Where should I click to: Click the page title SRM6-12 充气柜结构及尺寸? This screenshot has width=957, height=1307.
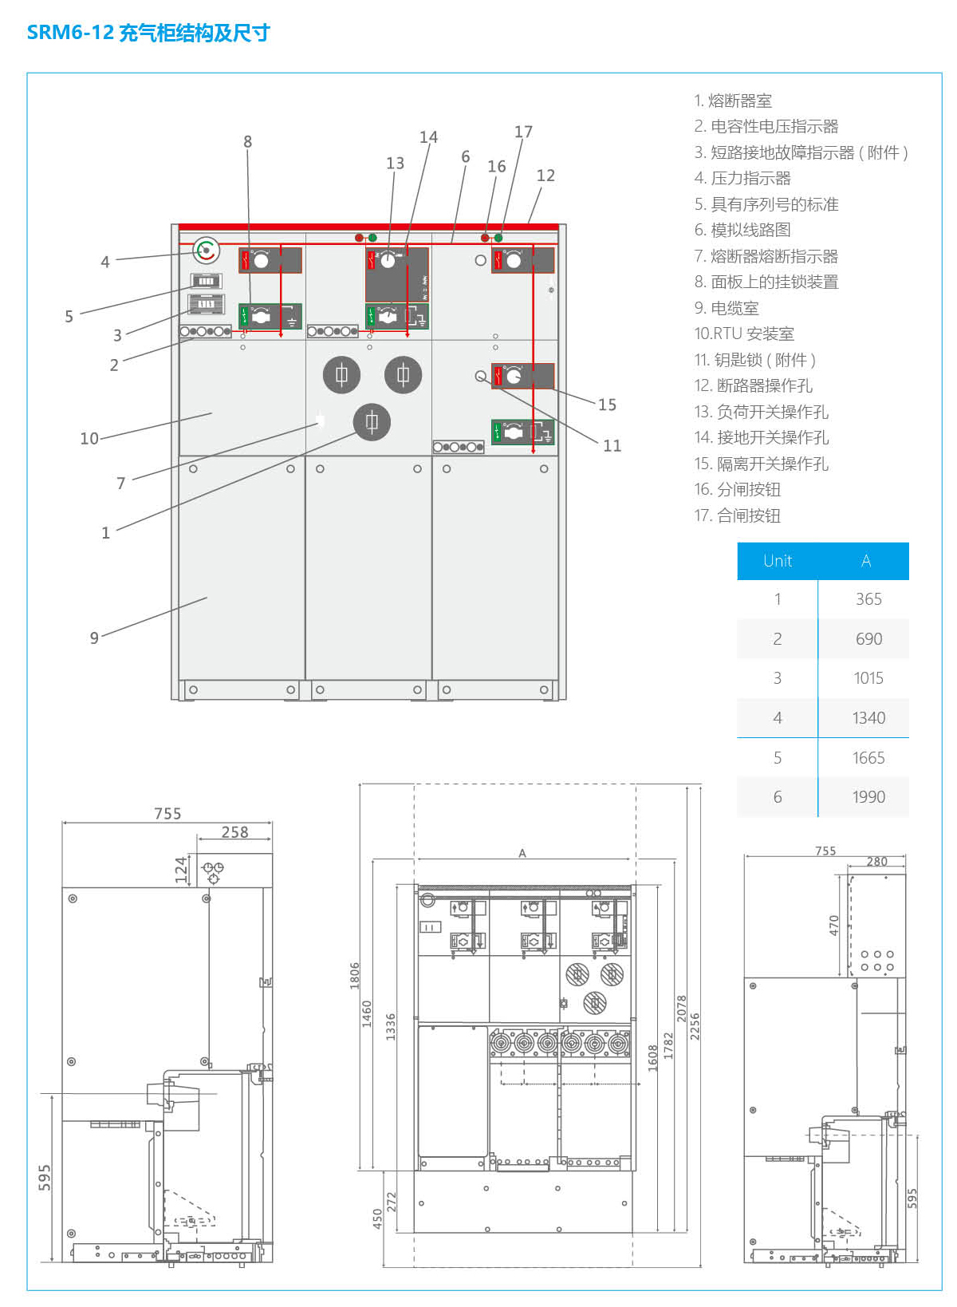click(148, 33)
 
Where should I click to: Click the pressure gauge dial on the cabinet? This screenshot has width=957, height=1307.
click(207, 251)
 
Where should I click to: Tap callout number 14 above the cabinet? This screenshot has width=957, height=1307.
click(428, 137)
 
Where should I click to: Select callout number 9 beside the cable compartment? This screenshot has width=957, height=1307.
click(94, 638)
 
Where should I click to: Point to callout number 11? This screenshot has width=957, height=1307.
click(612, 445)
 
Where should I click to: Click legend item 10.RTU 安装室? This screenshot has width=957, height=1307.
click(744, 334)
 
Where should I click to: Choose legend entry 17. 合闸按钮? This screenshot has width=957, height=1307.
click(738, 515)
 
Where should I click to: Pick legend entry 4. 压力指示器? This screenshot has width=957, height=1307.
click(742, 178)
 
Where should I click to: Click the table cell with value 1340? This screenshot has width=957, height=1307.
click(868, 717)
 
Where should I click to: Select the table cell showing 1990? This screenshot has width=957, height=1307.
click(868, 796)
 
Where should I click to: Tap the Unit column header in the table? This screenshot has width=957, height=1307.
click(778, 561)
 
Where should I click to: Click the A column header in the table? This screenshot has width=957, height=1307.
click(866, 561)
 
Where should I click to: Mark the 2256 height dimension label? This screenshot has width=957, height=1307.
click(695, 1026)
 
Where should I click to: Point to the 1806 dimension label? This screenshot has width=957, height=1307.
click(355, 975)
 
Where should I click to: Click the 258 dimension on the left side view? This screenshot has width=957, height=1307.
click(234, 832)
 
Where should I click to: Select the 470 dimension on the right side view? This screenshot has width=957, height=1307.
click(834, 925)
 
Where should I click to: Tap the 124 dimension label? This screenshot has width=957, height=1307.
click(181, 870)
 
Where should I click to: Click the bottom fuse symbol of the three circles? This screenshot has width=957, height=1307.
click(372, 422)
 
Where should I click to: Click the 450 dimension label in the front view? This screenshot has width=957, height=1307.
click(377, 1218)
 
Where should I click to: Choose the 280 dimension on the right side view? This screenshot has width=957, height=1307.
click(877, 862)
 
